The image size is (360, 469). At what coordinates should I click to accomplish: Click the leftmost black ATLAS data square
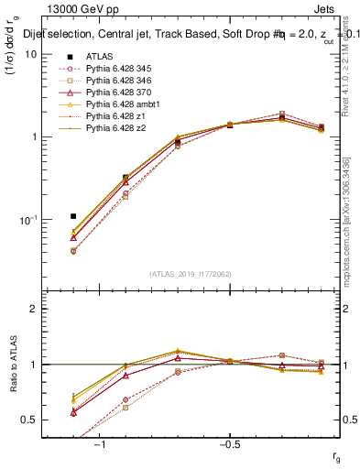(x=73, y=216)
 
